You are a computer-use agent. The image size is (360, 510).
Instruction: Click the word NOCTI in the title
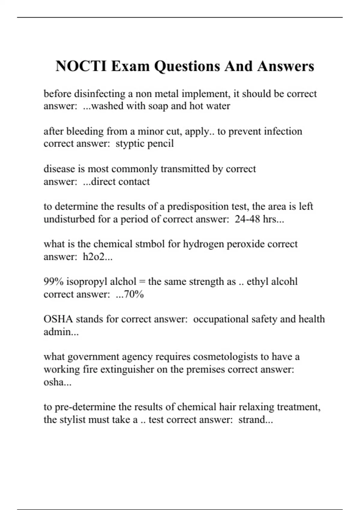81,66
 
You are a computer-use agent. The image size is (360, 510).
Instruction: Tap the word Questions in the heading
187,67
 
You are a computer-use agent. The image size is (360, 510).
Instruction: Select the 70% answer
134,294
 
